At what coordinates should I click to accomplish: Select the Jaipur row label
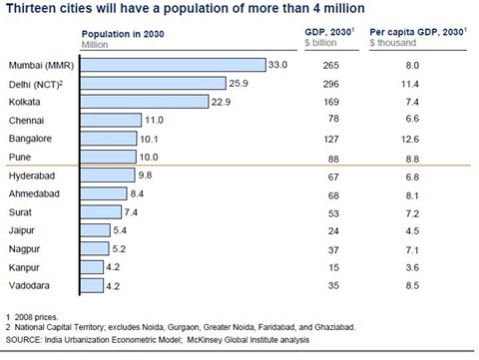click(x=24, y=230)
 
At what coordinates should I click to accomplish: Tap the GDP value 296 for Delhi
click(x=318, y=83)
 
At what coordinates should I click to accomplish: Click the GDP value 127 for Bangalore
click(x=318, y=139)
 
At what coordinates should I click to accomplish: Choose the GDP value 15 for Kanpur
click(x=318, y=267)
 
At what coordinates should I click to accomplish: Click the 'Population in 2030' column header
click(x=123, y=34)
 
